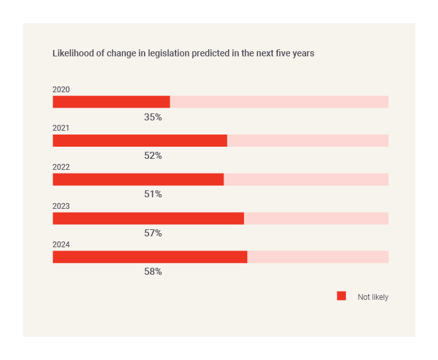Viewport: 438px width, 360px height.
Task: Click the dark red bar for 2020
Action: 111,102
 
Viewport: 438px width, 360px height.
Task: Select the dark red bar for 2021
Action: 140,141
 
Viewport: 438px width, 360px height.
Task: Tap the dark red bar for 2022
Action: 138,179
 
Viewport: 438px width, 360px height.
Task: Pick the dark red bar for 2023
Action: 148,218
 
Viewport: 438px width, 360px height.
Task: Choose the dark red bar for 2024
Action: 150,257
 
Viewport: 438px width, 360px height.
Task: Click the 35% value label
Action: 153,117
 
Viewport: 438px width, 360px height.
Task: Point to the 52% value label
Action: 153,156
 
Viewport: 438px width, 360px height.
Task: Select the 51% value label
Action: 153,194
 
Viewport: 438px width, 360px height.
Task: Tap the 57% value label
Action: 153,233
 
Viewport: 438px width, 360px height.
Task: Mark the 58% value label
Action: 153,272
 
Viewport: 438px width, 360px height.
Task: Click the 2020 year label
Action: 61,90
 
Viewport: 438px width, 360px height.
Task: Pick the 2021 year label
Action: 61,128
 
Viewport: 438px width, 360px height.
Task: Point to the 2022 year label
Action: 61,167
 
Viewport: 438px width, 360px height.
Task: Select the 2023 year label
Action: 61,206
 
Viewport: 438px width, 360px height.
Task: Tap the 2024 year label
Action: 61,245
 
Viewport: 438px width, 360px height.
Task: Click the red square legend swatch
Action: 341,296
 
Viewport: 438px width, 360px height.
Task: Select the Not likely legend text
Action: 373,297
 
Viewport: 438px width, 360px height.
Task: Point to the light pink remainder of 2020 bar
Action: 279,102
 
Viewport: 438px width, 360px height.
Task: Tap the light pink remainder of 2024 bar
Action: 318,257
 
